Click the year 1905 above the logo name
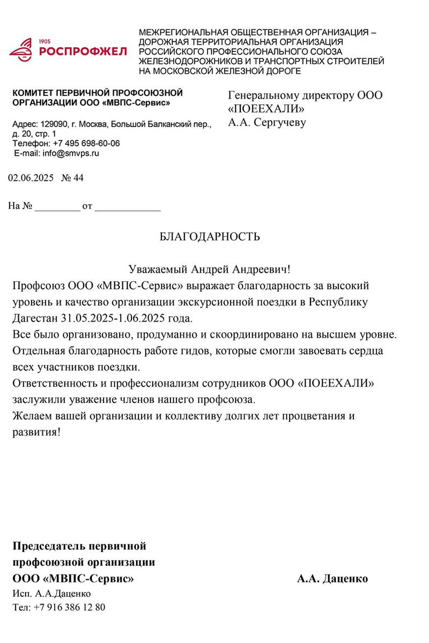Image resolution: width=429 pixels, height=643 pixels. click(x=45, y=41)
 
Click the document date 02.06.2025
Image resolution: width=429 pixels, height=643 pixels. click(x=31, y=178)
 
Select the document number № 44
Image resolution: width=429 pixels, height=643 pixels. click(x=73, y=178)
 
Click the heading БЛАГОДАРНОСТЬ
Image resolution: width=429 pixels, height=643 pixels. click(x=210, y=237)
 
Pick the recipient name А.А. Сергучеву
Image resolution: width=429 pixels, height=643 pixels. click(x=267, y=123)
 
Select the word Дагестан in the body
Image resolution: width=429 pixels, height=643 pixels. click(x=38, y=318)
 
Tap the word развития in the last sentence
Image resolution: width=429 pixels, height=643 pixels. click(x=35, y=432)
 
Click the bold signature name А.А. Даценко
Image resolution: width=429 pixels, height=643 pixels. click(x=332, y=579)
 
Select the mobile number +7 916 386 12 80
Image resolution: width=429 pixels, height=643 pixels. click(x=69, y=608)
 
